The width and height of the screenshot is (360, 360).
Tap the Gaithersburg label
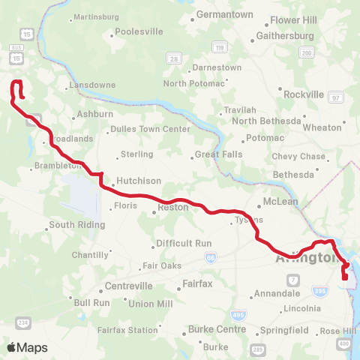click(284, 35)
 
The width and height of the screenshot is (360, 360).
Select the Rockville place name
click(304, 94)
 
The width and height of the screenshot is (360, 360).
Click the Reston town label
click(172, 206)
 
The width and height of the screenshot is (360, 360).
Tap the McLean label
click(280, 202)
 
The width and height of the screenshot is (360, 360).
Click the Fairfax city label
click(199, 284)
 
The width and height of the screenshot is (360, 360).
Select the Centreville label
click(128, 286)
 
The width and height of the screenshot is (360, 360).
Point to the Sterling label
click(136, 154)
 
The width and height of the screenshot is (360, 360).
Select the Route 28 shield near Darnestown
click(174, 59)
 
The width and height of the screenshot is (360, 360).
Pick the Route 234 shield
click(24, 322)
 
